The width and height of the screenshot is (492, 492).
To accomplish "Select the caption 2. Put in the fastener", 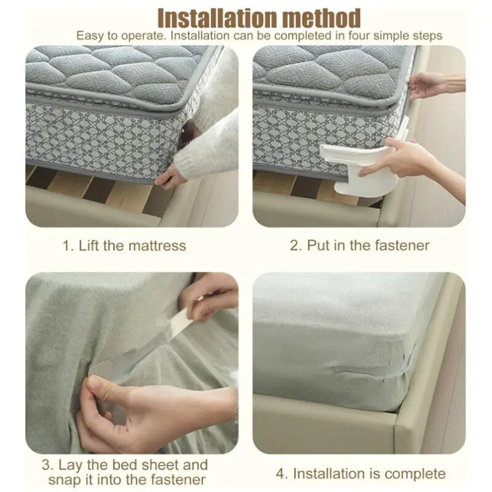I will click(x=360, y=246).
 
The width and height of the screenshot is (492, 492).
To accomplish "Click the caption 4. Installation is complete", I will click(x=360, y=474).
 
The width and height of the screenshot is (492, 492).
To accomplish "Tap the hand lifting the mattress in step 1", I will click(x=170, y=178).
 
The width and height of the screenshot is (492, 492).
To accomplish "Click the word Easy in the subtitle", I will click(x=90, y=36).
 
